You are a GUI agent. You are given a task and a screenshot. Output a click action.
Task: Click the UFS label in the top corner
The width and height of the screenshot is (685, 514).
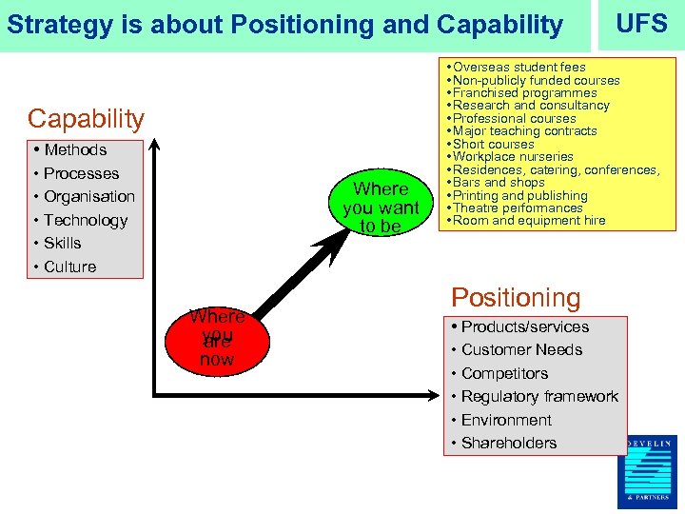(x=641, y=23)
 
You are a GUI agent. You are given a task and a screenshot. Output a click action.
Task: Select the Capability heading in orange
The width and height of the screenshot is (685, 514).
(x=86, y=119)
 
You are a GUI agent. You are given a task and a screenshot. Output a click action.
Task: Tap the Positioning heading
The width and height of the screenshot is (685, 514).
(x=515, y=298)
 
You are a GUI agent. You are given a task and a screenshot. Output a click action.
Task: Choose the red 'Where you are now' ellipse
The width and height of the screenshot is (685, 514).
(x=216, y=338)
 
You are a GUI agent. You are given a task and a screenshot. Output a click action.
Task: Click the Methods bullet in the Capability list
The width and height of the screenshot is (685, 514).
(x=75, y=150)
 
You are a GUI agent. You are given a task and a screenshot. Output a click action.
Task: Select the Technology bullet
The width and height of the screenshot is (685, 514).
(x=85, y=220)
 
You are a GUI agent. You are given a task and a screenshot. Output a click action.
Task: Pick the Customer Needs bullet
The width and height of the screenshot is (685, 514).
(x=521, y=350)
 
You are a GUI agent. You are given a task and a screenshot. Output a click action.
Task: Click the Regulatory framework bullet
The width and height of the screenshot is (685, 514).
(x=539, y=397)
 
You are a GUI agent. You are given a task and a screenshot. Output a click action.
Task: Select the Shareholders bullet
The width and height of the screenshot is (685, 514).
(x=509, y=444)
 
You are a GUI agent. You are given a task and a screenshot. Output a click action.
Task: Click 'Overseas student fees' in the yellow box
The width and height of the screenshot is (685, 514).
(x=519, y=68)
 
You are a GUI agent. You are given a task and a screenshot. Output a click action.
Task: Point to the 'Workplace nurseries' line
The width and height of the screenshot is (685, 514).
(x=513, y=157)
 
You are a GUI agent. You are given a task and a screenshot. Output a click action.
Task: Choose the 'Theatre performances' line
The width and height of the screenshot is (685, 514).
(x=518, y=208)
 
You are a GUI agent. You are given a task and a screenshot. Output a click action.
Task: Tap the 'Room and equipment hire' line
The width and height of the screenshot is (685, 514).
(x=529, y=221)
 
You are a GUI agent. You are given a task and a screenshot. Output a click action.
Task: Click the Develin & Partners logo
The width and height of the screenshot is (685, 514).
(x=651, y=471)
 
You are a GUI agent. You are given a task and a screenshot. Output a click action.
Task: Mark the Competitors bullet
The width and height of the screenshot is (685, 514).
(x=504, y=374)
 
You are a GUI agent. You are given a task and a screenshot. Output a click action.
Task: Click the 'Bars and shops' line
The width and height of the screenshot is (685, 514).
(x=499, y=183)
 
